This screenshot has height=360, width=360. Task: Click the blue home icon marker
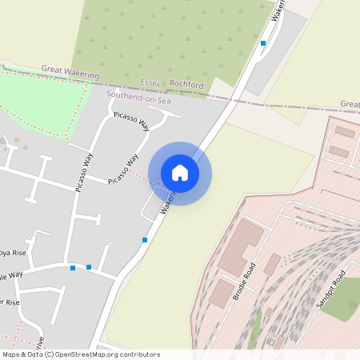click(180, 173)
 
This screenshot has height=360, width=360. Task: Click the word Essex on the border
click(151, 82)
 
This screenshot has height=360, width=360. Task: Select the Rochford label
click(186, 85)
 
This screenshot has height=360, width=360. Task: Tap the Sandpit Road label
click(330, 290)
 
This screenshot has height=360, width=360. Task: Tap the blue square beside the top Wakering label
click(263, 43)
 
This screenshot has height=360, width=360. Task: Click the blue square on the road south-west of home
click(145, 240)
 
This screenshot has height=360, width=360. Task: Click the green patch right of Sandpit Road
click(344, 299)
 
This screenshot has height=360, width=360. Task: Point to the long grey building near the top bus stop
click(276, 53)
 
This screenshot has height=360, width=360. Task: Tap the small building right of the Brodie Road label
click(272, 264)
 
